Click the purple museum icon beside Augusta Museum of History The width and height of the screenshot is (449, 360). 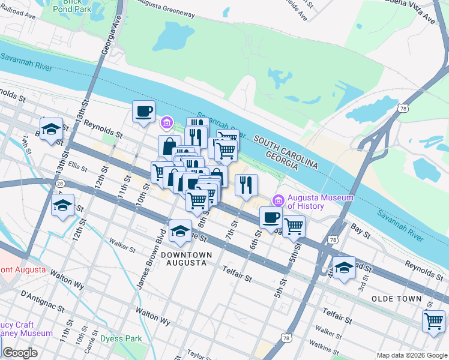point(277,200)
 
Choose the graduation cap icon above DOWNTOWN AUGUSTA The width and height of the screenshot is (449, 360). point(180,232)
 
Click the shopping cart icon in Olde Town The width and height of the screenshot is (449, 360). point(433,321)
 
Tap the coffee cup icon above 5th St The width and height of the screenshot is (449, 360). point(271,218)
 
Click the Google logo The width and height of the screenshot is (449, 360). point(20,353)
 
